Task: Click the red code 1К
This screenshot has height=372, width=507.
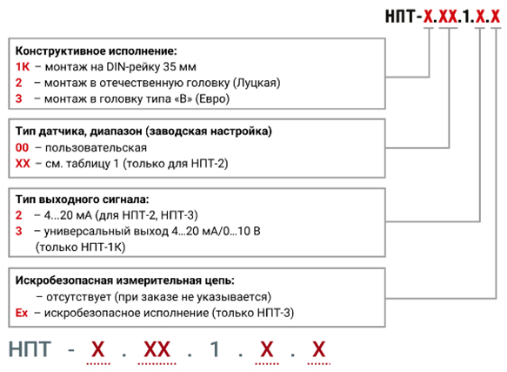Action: tap(23, 67)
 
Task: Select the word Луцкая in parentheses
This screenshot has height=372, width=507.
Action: tap(257, 83)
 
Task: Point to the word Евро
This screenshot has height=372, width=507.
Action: tap(212, 98)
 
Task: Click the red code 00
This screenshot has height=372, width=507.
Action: tap(22, 148)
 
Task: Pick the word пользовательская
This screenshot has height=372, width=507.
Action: tap(96, 148)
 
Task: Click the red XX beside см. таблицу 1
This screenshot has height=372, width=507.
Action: tap(23, 164)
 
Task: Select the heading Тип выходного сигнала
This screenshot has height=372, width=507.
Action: tap(82, 200)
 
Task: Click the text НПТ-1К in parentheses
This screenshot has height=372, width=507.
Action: tap(103, 247)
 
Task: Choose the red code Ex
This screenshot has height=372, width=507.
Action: tap(22, 313)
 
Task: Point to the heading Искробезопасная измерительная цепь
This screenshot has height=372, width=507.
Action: tap(125, 281)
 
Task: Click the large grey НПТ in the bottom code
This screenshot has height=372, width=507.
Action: tap(30, 349)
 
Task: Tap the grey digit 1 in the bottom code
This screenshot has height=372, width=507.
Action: tap(216, 349)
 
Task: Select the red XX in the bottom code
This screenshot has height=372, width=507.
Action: tap(157, 349)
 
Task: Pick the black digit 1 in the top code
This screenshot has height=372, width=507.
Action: tap(466, 17)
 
